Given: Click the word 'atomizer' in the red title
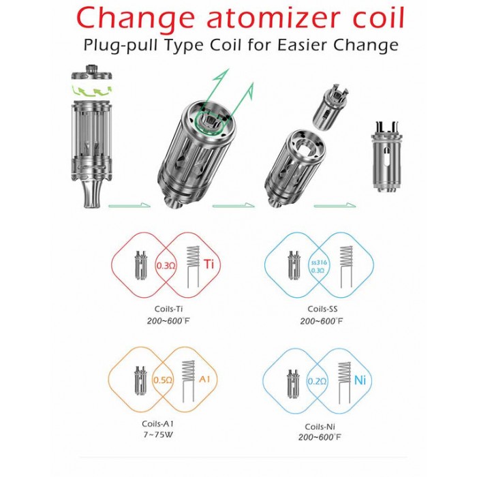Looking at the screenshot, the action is [x=273, y=18].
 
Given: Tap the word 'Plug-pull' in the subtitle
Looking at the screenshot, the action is [x=120, y=46].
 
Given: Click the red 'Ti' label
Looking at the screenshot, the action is [x=209, y=264].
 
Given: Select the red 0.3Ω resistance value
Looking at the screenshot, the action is [x=166, y=266].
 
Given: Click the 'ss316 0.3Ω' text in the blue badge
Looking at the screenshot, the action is [x=318, y=266].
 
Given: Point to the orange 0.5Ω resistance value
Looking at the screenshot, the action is [x=163, y=380].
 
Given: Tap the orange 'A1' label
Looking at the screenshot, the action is [x=204, y=379].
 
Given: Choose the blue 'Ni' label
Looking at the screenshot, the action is [x=360, y=380].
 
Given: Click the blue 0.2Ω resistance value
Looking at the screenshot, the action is [x=317, y=381].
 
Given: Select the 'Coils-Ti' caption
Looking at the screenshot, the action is [x=168, y=309].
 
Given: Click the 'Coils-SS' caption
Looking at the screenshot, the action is [x=322, y=309].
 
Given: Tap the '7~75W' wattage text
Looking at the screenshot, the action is [x=158, y=435].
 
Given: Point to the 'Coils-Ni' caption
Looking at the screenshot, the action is [x=320, y=427].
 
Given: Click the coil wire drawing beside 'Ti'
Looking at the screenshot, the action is [x=192, y=267].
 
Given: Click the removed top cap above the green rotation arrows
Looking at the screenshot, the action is [x=91, y=74].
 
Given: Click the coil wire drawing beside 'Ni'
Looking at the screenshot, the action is [x=344, y=381].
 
